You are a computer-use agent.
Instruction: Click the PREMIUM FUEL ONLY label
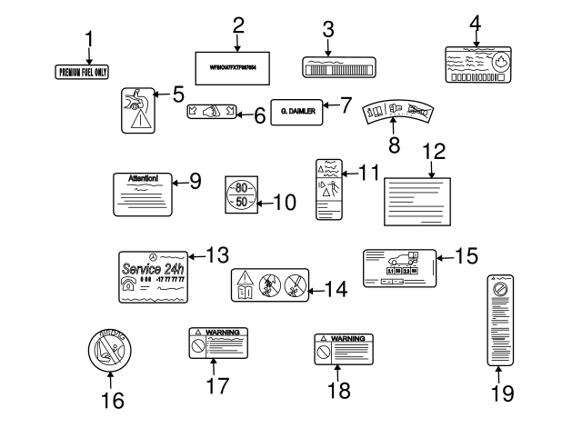pos(89,72)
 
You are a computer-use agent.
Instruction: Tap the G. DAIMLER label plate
pos(297,110)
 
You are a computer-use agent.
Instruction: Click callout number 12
pos(433,150)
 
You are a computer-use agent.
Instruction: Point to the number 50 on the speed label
pos(241,201)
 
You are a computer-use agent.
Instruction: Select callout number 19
pos(502,393)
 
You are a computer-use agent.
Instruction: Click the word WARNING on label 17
pos(223,333)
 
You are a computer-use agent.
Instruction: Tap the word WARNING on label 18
pos(348,338)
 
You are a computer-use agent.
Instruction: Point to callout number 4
pos(474,22)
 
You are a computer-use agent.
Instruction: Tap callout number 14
pos(336,290)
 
